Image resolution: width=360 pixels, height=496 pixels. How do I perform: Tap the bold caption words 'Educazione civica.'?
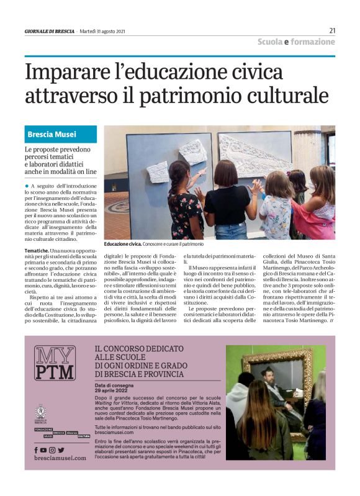(123, 244)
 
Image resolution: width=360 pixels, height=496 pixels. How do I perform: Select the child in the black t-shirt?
(230, 199)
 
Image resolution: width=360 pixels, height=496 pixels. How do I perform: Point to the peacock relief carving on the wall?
(254, 155)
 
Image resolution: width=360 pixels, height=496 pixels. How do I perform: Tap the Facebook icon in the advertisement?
(36, 449)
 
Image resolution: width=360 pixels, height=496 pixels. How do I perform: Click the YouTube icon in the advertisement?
(43, 449)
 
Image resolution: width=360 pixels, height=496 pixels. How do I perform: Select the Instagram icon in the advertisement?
(52, 449)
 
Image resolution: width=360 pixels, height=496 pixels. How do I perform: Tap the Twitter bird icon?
(61, 449)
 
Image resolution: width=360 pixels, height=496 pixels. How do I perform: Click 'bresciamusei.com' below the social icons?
(60, 458)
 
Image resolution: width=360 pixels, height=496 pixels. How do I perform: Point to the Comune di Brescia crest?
(41, 412)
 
